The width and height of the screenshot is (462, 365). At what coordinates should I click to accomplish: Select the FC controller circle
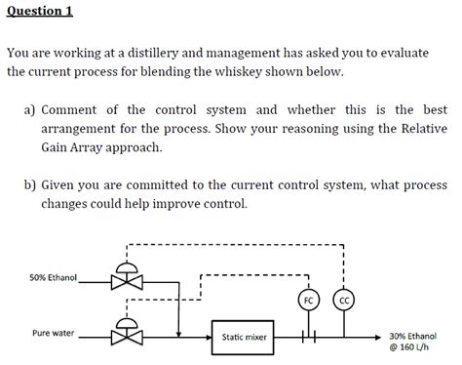click(308, 300)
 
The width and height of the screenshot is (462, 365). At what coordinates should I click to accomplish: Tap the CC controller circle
click(344, 300)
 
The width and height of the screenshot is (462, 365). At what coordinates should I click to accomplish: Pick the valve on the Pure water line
click(124, 338)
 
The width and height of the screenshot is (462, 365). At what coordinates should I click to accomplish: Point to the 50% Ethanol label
click(53, 277)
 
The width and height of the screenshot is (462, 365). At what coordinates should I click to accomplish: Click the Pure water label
click(53, 333)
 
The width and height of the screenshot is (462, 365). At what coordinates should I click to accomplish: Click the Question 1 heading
click(40, 12)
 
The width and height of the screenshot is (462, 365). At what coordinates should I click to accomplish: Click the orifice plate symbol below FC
click(308, 338)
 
